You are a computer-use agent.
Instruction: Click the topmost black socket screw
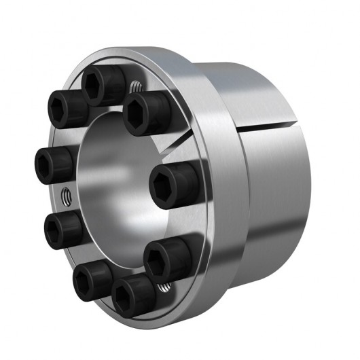coord(99,84)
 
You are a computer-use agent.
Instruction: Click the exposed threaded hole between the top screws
coord(134,87)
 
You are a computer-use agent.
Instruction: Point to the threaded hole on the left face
coord(66,196)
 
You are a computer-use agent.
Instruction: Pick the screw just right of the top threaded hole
coord(145,109)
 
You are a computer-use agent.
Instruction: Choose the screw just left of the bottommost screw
coord(91,278)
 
